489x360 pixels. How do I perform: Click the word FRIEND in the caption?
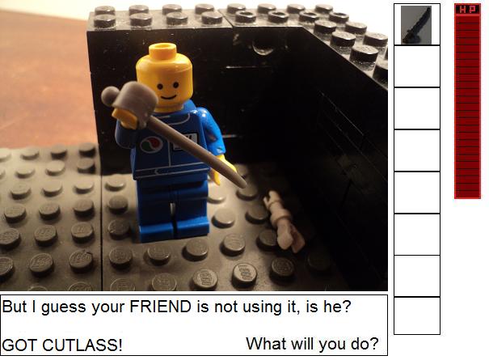pyautogui.click(x=160, y=307)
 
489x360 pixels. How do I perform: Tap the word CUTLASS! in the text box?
pyautogui.click(x=82, y=345)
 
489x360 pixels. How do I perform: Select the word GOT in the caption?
pyautogui.click(x=20, y=345)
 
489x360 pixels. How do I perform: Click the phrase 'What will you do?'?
pyautogui.click(x=312, y=344)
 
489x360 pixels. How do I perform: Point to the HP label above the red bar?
pyautogui.click(x=467, y=10)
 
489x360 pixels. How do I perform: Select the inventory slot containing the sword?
pyautogui.click(x=416, y=24)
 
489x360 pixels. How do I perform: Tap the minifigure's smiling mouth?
pyautogui.click(x=169, y=97)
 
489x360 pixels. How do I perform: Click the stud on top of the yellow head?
pyautogui.click(x=162, y=49)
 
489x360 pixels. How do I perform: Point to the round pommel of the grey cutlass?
pyautogui.click(x=110, y=95)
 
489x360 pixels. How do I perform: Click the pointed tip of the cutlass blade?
pyautogui.click(x=243, y=186)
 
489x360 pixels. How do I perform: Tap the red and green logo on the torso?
pyautogui.click(x=151, y=144)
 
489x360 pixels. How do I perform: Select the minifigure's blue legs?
pyautogui.click(x=172, y=209)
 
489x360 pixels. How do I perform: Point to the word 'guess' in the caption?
pyautogui.click(x=63, y=307)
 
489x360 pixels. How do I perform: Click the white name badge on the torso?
pyautogui.click(x=186, y=142)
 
